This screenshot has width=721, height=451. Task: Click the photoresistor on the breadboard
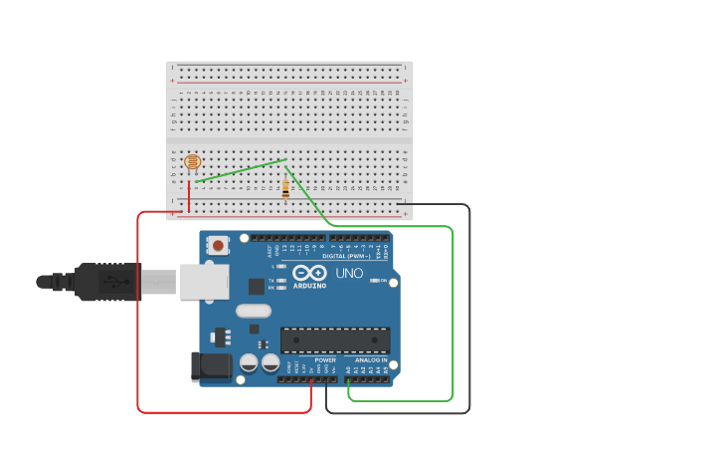(193, 161)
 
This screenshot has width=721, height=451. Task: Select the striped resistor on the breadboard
(286, 188)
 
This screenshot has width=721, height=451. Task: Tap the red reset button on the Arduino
(218, 243)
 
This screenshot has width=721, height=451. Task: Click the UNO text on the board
(349, 273)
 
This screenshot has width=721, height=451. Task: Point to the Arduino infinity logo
(309, 272)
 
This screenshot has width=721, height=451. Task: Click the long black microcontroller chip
(334, 340)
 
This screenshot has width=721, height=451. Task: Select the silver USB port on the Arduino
(205, 282)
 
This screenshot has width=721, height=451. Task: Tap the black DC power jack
(212, 366)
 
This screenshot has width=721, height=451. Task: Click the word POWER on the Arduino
(325, 359)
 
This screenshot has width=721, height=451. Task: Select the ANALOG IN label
(371, 359)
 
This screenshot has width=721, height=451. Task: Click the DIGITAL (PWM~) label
(348, 256)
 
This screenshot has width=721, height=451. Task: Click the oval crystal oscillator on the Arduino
(254, 311)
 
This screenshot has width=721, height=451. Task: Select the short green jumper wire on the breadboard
(242, 170)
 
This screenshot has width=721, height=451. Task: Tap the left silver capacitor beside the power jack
(249, 363)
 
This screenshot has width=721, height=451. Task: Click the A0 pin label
(349, 369)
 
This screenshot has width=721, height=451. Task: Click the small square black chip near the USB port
(256, 287)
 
